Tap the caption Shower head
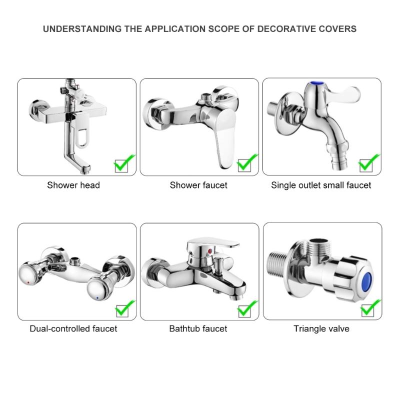pos(73,185)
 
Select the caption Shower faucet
pos(198,185)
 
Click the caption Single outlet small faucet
pos(321,185)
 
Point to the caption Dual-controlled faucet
pos(73,328)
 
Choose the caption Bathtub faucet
pos(198,328)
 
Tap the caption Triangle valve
pos(321,328)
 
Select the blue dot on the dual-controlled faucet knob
pos(96,297)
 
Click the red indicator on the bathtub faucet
pos(208,248)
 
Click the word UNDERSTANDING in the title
pos(82,28)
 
